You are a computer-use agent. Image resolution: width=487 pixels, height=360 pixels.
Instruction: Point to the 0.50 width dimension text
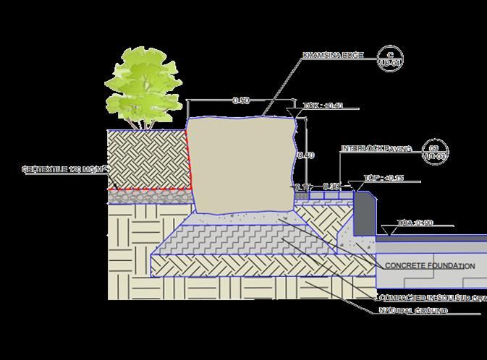242,100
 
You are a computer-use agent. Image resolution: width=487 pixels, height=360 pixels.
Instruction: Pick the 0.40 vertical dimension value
306,155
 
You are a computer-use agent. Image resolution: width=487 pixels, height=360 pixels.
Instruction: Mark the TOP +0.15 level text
382,178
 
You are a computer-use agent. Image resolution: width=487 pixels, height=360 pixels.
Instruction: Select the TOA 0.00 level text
416,223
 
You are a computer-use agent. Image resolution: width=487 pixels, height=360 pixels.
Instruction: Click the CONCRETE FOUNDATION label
429,266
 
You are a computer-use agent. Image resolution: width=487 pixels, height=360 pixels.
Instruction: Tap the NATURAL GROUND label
413,311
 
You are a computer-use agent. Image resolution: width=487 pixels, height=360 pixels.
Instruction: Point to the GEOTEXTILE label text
64,170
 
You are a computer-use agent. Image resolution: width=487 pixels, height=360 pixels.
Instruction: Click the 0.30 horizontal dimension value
331,187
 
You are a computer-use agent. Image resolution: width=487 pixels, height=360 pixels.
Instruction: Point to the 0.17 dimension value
302,187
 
